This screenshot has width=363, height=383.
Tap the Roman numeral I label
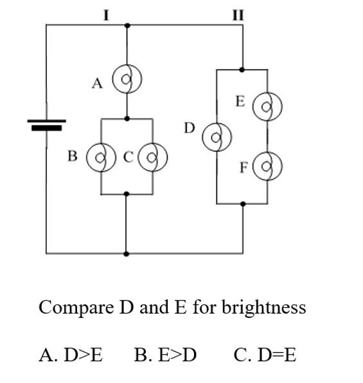click(x=106, y=15)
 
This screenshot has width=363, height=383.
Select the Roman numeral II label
click(x=238, y=15)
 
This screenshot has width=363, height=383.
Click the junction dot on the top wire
click(x=127, y=25)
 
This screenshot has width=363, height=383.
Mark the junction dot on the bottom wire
click(x=126, y=254)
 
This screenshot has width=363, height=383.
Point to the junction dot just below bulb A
click(x=127, y=118)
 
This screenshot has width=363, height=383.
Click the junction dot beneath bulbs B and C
click(x=127, y=194)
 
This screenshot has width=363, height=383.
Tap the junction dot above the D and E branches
click(x=242, y=70)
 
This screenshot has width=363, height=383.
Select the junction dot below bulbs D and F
click(x=243, y=204)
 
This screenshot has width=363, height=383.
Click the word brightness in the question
click(x=264, y=308)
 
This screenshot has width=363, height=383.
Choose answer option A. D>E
click(x=71, y=355)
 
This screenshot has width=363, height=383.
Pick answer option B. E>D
click(x=165, y=355)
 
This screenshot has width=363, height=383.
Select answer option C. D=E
click(x=265, y=355)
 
